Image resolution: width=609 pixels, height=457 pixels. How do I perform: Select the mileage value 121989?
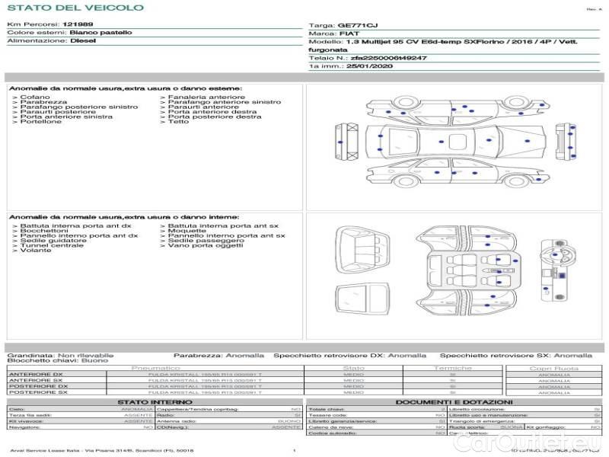pos(78,25)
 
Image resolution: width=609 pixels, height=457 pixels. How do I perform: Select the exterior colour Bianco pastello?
pos(100,33)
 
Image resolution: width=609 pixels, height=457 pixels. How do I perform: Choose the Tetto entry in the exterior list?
pos(178,122)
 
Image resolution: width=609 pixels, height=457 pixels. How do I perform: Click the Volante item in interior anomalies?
pos(36,251)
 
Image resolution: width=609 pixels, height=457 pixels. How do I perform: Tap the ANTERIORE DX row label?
pos(35,374)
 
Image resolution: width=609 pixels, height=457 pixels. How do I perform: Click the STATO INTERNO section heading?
pos(155,402)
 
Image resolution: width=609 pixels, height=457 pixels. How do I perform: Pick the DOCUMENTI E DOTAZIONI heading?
pos(454,402)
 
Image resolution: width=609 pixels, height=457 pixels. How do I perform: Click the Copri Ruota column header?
pos(553,368)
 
